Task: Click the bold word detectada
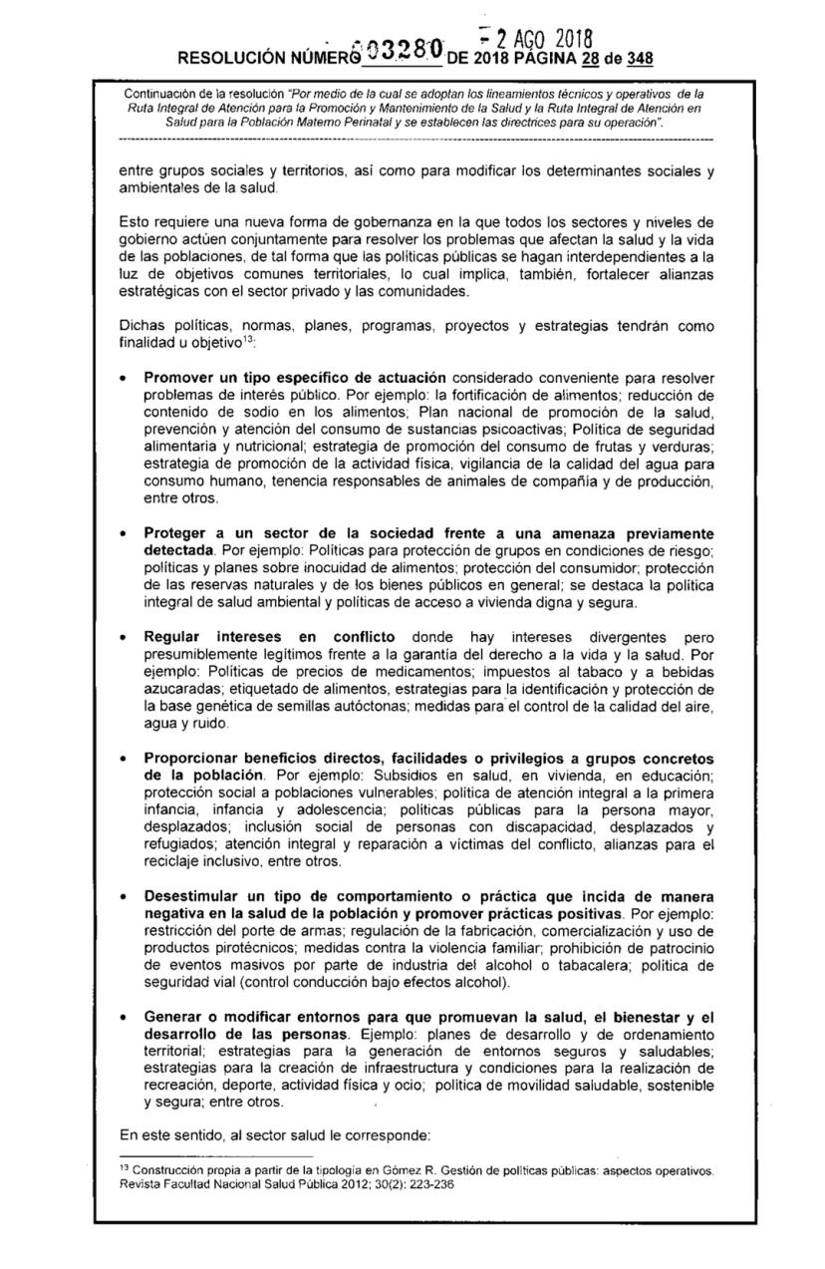(179, 550)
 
